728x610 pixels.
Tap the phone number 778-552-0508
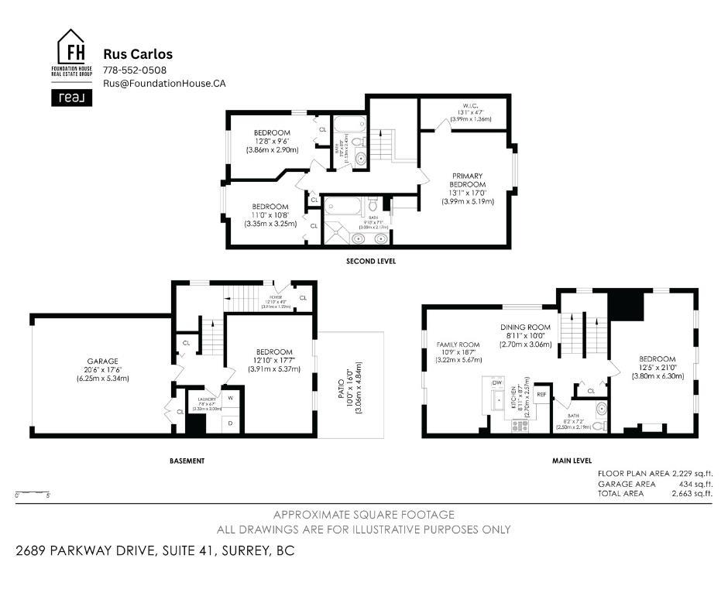click(135, 70)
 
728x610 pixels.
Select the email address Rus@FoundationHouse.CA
click(164, 84)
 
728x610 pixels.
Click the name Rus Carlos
click(138, 54)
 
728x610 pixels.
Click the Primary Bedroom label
click(469, 180)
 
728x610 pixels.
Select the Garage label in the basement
click(102, 361)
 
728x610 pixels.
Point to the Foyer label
click(275, 295)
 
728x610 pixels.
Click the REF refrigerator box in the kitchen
click(541, 394)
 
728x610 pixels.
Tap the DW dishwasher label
click(496, 382)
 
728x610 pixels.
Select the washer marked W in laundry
click(230, 398)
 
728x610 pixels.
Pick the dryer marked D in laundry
click(230, 423)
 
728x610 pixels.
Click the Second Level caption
click(370, 262)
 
